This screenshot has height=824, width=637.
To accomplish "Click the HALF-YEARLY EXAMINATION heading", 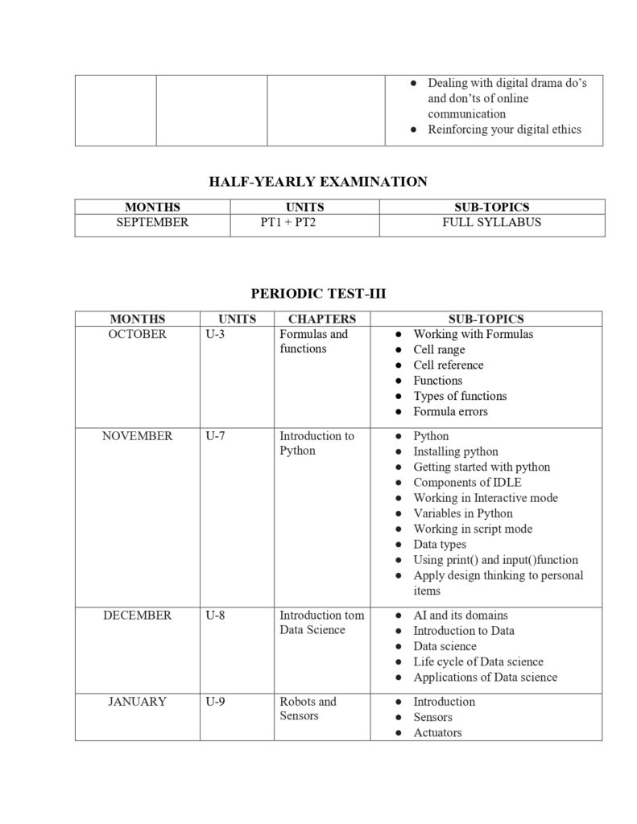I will tap(318, 182).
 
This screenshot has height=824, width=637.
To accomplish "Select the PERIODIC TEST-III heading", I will tap(318, 294).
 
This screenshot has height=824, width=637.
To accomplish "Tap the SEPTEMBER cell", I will tap(152, 222).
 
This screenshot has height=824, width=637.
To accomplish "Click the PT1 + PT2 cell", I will tap(287, 222).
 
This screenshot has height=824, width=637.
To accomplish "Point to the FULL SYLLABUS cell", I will tap(491, 222).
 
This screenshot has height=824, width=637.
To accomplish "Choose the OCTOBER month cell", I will tap(137, 334).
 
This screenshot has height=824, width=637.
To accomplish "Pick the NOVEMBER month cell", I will tap(137, 436).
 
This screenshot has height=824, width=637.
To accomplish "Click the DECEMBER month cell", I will tap(137, 616).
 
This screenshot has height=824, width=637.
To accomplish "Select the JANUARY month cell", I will tap(137, 702).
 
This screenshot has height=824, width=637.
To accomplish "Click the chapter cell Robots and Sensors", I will tap(308, 709).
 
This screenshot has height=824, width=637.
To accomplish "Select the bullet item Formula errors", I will tap(450, 412).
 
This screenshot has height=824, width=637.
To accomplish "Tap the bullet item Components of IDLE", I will tap(467, 483).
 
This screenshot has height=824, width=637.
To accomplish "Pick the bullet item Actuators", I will tap(437, 733).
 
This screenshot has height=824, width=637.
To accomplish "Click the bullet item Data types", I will tap(440, 545).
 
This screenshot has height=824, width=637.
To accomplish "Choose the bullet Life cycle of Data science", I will tap(478, 662).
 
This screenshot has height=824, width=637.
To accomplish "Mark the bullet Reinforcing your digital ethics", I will tap(504, 130).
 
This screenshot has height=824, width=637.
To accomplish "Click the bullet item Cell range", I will tap(439, 350).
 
